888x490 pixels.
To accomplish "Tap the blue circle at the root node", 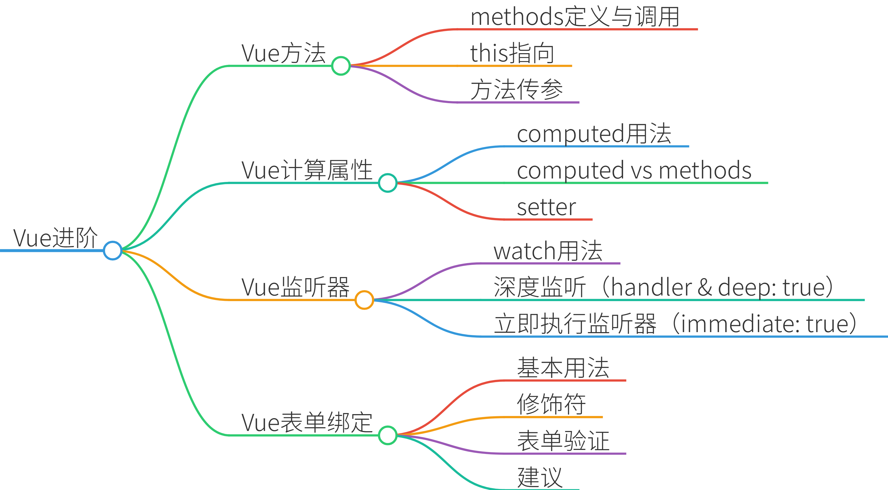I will click(112, 250).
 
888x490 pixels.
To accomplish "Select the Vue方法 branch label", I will click(283, 53).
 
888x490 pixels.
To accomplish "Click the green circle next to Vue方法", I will click(341, 66).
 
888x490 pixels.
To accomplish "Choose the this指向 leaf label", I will click(512, 53).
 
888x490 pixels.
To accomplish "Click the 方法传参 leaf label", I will click(516, 90).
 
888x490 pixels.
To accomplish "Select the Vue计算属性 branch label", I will click(307, 170).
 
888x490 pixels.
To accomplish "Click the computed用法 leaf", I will click(594, 134).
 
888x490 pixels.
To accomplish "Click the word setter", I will click(546, 207).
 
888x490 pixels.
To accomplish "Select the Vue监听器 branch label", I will click(295, 287).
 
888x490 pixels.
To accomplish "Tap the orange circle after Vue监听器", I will click(364, 300).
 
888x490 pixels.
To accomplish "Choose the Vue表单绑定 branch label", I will click(307, 423).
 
